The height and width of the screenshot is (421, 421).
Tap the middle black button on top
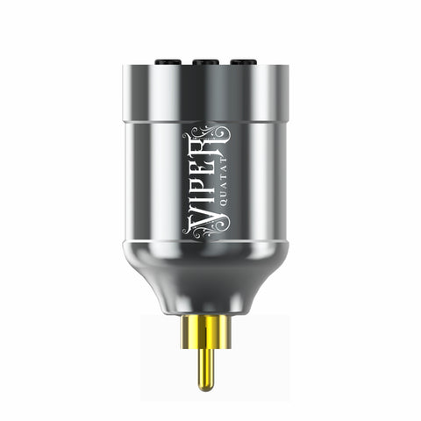point(207,61)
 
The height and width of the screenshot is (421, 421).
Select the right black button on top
point(243,61)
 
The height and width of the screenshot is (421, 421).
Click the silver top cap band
point(207,92)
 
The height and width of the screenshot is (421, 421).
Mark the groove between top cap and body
point(207,121)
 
